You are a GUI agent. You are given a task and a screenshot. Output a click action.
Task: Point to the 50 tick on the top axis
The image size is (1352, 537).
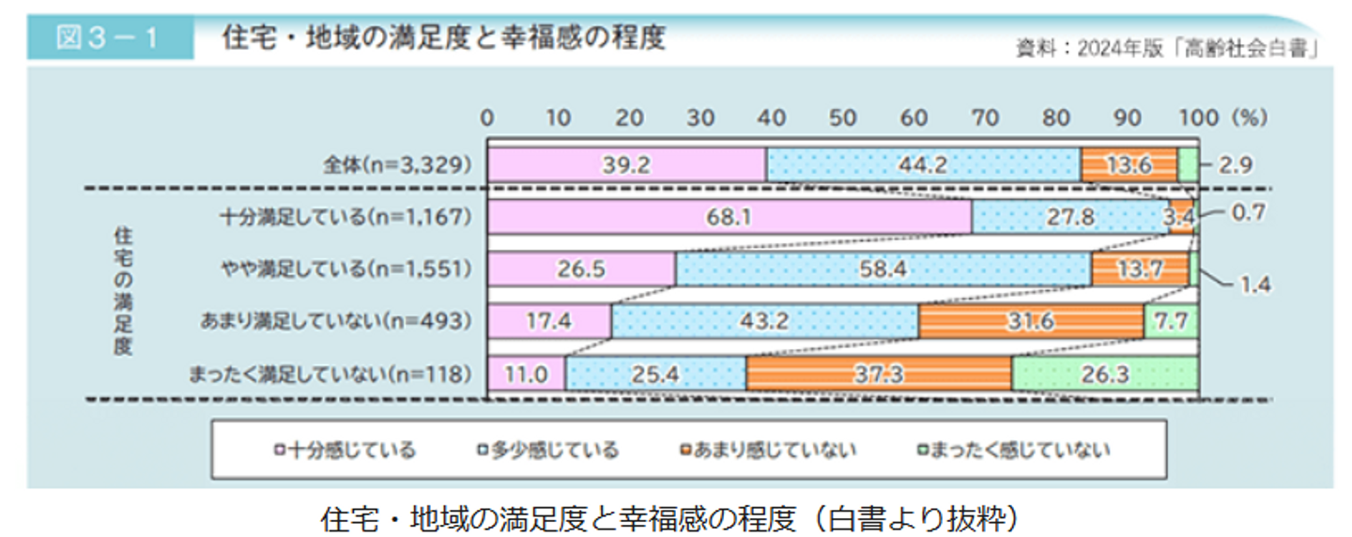coord(842,118)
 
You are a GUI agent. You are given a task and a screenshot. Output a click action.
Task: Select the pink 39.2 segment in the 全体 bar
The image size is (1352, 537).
coord(627,165)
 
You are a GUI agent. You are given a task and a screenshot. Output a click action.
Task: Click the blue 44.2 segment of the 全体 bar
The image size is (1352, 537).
coord(923,165)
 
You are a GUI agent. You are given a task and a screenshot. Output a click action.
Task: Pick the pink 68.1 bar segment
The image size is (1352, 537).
coord(729,218)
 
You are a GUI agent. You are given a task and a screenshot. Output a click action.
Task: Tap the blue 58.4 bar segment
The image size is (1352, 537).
coord(883,270)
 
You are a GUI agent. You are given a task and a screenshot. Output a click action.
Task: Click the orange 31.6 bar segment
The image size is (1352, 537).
coord(1031,322)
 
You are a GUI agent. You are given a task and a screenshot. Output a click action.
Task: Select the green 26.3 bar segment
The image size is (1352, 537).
coord(1104,375)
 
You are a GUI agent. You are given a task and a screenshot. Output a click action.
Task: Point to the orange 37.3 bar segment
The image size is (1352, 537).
coord(879,375)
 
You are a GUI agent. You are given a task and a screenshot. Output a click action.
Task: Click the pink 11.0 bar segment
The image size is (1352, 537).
coord(526,375)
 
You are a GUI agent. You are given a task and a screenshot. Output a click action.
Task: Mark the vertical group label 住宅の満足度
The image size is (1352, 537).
coord(122,289)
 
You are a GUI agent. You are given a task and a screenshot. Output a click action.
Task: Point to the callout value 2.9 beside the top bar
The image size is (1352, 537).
coord(1237,166)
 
